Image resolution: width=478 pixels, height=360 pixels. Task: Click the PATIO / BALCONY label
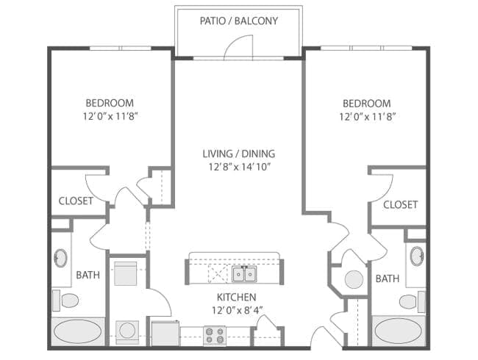pyautogui.click(x=238, y=21)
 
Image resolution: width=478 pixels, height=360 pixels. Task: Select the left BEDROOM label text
pyautogui.click(x=110, y=103)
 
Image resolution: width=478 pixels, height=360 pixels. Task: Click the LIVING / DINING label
pyautogui.click(x=238, y=154)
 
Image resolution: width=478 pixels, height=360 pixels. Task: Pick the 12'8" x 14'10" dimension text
pyautogui.click(x=238, y=167)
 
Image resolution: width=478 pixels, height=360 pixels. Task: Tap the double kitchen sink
pyautogui.click(x=244, y=274)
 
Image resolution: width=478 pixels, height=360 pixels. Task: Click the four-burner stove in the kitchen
pyautogui.click(x=215, y=335)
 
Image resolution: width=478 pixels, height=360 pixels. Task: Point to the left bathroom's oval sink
pyautogui.click(x=60, y=259)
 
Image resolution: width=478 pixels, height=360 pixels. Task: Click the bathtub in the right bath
pyautogui.click(x=399, y=331)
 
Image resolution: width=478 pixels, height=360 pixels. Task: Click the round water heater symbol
pyautogui.click(x=354, y=280)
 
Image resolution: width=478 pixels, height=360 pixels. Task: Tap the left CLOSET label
pyautogui.click(x=76, y=201)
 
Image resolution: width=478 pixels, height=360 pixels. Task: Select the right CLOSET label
pyautogui.click(x=400, y=204)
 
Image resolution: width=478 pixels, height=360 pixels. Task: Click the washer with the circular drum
pyautogui.click(x=128, y=331)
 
